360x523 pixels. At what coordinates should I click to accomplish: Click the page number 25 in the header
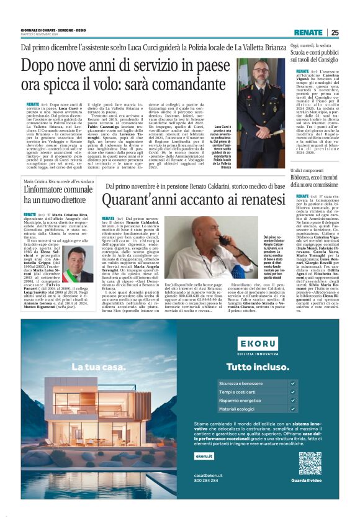335,32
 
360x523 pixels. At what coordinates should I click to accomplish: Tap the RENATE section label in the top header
308,32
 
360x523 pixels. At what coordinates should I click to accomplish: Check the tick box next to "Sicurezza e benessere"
294,384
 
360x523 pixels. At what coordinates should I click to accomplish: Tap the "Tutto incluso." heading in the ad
253,366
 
